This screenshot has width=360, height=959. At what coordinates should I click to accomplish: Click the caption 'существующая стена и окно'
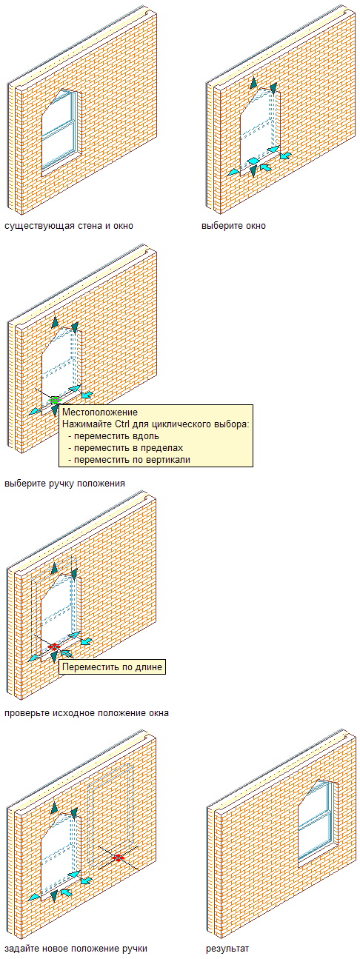click(x=69, y=226)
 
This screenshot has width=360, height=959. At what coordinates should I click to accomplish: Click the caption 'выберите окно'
click(x=234, y=226)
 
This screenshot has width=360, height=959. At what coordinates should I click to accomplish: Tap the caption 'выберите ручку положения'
click(x=64, y=484)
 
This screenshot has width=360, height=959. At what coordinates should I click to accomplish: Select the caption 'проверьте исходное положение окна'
click(x=87, y=713)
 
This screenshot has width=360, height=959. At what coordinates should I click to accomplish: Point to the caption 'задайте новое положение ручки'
click(x=76, y=949)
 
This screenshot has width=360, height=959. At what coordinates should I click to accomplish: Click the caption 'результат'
click(x=227, y=949)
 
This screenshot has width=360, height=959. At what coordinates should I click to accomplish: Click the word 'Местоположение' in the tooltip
click(x=100, y=412)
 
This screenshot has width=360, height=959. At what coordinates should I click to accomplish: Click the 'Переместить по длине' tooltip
click(x=112, y=666)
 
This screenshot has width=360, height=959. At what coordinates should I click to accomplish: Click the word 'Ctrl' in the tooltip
click(x=121, y=424)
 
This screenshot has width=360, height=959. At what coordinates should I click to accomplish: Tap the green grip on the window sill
click(x=54, y=401)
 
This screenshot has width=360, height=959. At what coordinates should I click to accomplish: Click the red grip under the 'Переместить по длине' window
click(x=53, y=646)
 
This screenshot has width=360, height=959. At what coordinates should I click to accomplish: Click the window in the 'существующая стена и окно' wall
click(x=60, y=130)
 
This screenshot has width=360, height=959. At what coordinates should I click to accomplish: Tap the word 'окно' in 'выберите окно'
click(x=254, y=226)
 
